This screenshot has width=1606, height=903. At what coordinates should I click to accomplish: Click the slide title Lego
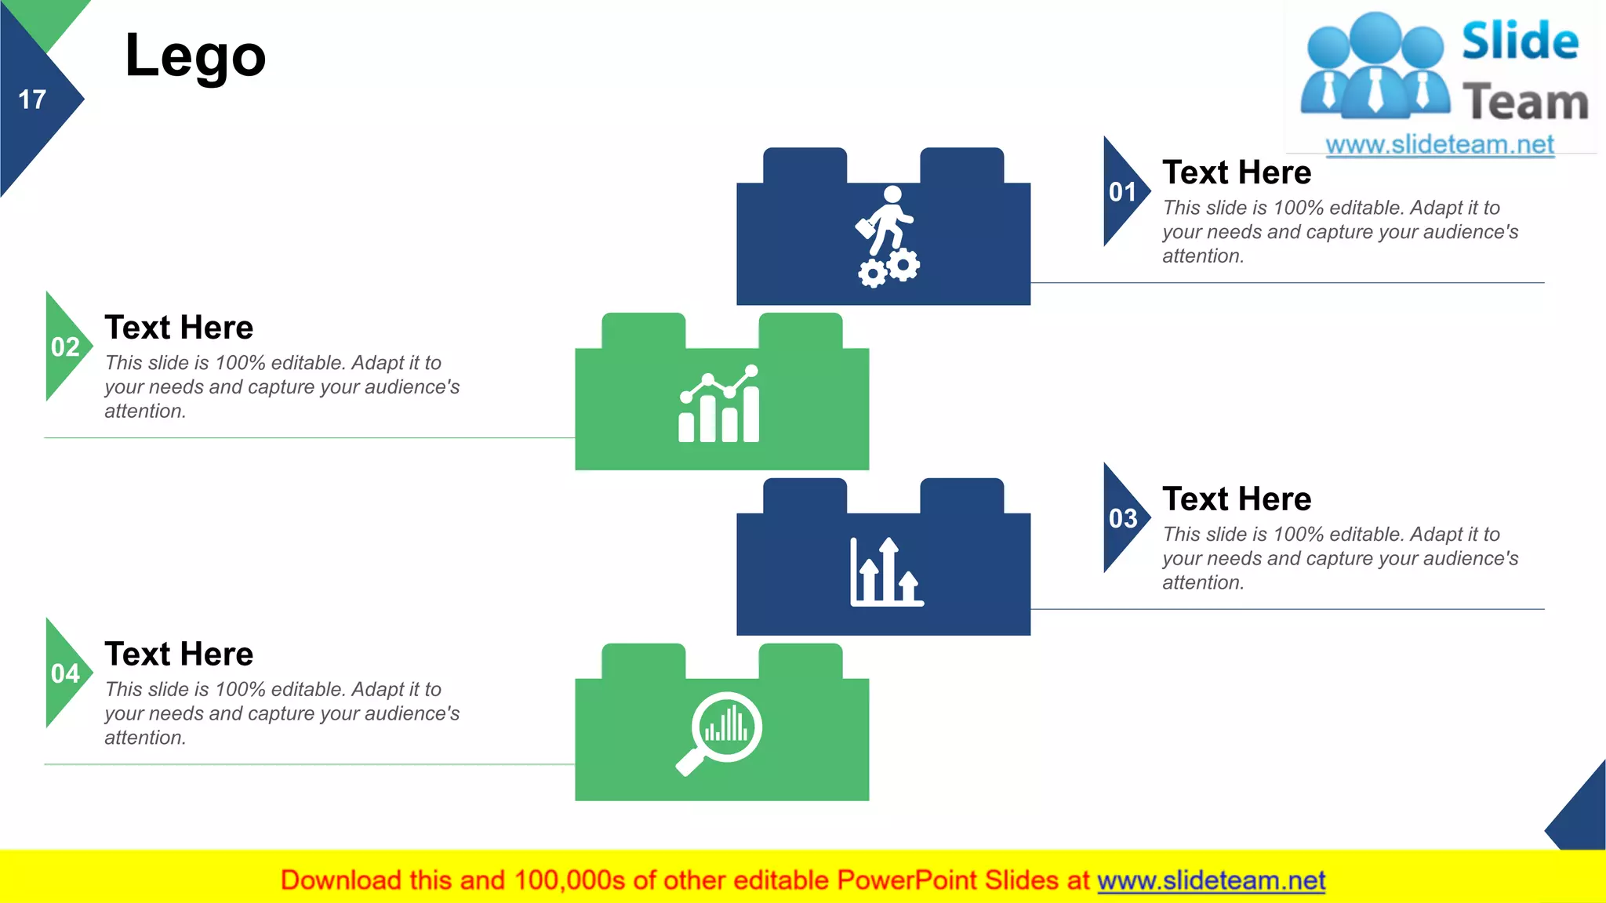[x=195, y=56]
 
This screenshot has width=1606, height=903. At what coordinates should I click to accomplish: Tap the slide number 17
[x=32, y=100]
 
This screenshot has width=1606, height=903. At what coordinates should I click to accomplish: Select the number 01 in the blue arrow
[x=1122, y=192]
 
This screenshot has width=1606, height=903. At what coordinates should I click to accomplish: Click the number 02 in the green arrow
[x=65, y=347]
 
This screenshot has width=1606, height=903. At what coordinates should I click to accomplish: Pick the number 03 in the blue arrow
[x=1122, y=519]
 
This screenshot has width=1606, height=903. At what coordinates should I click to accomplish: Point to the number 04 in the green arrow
[x=65, y=673]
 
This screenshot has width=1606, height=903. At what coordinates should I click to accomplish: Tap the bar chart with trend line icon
[x=719, y=404]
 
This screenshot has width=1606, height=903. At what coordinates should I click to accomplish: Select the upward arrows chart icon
[x=887, y=572]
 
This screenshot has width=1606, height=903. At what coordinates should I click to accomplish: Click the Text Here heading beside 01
[x=1237, y=172]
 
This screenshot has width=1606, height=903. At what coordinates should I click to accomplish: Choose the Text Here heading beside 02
[x=179, y=328]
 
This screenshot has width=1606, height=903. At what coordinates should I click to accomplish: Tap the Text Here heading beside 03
[x=1237, y=499]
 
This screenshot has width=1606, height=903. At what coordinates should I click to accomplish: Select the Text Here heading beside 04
[x=179, y=655]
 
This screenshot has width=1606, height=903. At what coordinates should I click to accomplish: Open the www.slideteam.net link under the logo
[x=1440, y=144]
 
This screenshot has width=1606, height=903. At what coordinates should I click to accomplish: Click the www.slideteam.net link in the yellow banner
[x=1211, y=880]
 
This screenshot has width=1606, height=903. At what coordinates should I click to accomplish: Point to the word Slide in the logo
[x=1520, y=42]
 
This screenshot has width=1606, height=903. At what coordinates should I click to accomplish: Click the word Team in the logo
[x=1525, y=103]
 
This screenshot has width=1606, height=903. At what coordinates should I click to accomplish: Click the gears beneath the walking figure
[x=889, y=268]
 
